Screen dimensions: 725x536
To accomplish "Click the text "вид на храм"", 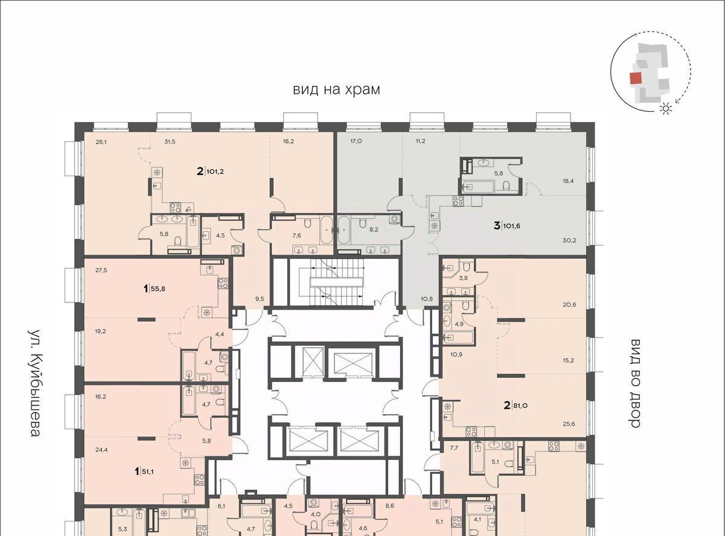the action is [x=336, y=89].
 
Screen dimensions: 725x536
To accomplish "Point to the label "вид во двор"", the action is [x=635, y=383].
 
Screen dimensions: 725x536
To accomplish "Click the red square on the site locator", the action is [x=636, y=78].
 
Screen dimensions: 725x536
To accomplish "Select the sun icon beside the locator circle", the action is [x=665, y=109].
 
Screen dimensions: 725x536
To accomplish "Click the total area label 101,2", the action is [x=215, y=171].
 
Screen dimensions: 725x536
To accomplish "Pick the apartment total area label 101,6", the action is [x=511, y=226].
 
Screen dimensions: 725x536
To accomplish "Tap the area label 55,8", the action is [x=158, y=289].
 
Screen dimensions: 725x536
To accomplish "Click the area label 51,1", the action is [x=148, y=471].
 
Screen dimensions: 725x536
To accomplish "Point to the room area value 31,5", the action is [x=170, y=141].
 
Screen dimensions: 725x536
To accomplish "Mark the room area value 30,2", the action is [x=569, y=240].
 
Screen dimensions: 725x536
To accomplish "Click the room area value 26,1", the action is [x=101, y=141].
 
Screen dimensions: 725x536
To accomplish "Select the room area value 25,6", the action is [x=569, y=424].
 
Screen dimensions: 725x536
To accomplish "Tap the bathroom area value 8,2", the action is [x=374, y=229].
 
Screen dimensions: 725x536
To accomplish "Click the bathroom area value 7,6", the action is [x=297, y=235].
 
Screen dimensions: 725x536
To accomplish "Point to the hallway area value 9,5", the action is [x=260, y=298].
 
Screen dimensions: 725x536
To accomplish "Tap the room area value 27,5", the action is [x=101, y=270].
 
